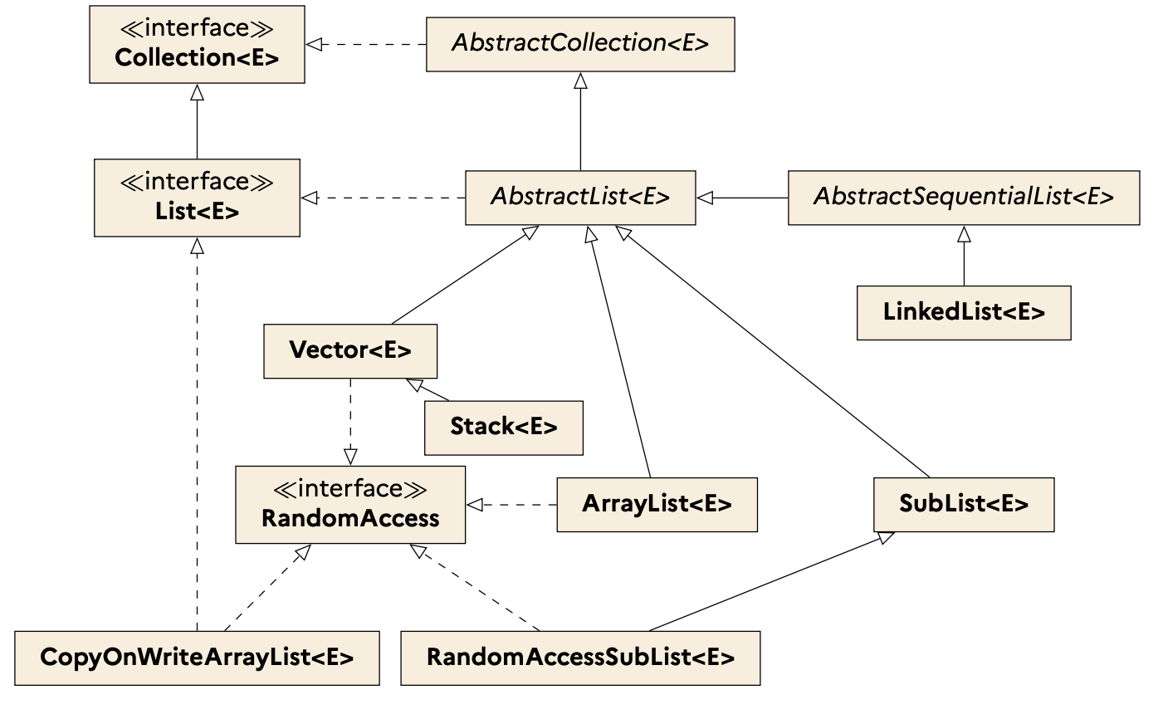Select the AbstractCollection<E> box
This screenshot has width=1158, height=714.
(x=579, y=44)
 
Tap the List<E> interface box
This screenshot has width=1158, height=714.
(x=197, y=198)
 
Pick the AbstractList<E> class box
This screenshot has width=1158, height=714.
(x=579, y=198)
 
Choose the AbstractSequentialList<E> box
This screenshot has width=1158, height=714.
(x=963, y=198)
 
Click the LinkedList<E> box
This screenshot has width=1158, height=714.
(x=963, y=313)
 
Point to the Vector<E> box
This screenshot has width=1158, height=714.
(x=349, y=351)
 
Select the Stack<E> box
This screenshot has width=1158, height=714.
(x=503, y=428)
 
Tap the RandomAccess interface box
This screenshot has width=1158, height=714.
(x=349, y=505)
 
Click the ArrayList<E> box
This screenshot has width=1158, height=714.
(x=657, y=504)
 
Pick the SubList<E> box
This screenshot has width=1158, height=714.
(x=963, y=504)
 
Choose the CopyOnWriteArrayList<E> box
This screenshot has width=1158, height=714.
(x=197, y=658)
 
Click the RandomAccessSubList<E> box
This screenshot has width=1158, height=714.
(x=579, y=658)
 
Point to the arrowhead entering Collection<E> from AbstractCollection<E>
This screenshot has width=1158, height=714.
(x=313, y=44)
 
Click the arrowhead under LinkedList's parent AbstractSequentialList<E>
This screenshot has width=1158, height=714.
(x=963, y=233)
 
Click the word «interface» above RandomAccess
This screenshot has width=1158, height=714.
(x=349, y=489)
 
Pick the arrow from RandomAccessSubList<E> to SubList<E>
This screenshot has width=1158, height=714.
(x=764, y=581)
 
